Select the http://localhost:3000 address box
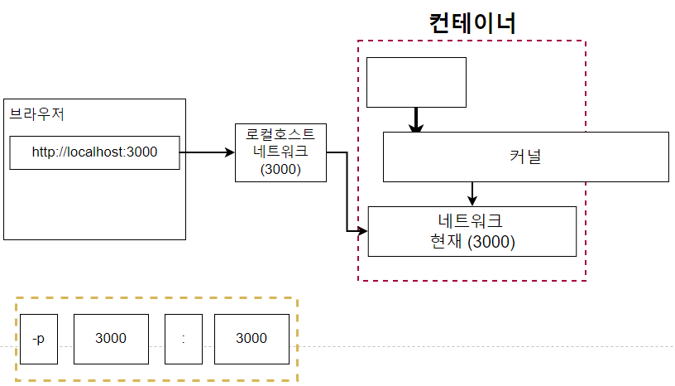(94, 152)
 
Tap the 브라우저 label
(36, 114)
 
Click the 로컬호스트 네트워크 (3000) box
(280, 152)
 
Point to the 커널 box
(525, 157)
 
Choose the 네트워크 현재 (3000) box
(472, 231)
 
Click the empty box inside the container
(416, 82)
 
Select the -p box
(39, 339)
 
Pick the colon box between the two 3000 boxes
(183, 339)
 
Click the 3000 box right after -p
(111, 339)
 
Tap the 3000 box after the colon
(251, 339)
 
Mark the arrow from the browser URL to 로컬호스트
(207, 152)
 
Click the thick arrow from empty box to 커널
(416, 120)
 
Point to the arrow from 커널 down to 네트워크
(472, 194)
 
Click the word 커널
(525, 157)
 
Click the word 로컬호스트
(280, 135)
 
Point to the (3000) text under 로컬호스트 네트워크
(280, 169)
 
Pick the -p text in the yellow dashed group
(39, 339)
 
